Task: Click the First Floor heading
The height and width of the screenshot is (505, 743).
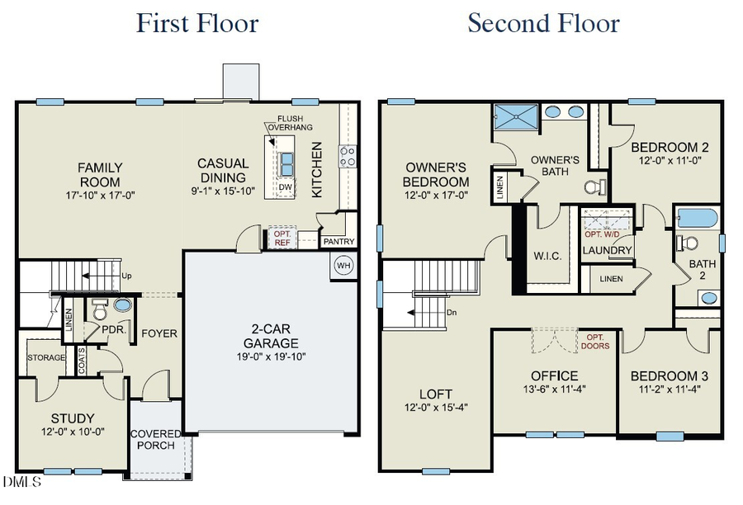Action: [197, 22]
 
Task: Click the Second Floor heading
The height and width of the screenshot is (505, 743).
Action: [543, 22]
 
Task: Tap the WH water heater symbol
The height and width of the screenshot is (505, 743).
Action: [343, 265]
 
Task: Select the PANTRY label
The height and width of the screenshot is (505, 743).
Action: [338, 242]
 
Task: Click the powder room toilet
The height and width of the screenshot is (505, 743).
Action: [100, 311]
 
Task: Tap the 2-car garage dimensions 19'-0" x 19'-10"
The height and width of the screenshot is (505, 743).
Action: [271, 357]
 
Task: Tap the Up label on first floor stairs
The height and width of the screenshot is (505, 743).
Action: [125, 276]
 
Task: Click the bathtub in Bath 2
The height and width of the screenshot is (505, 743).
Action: [696, 219]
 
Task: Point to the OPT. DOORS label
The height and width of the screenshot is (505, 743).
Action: [598, 342]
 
